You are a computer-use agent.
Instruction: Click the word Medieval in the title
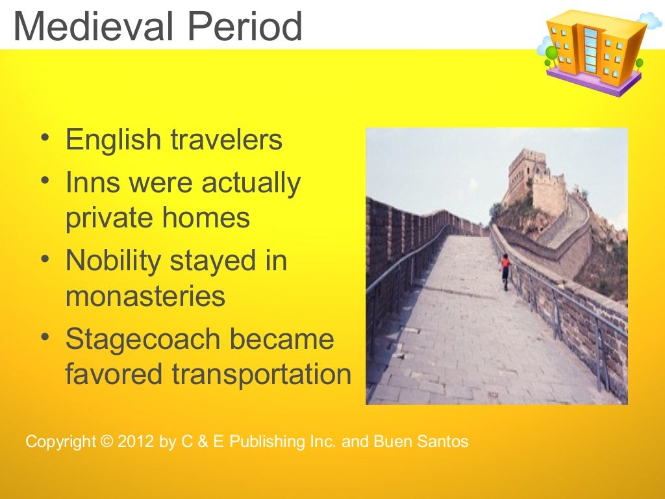point(90,27)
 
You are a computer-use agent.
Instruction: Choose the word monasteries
point(145,296)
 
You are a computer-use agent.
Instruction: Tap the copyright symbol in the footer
point(107,442)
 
